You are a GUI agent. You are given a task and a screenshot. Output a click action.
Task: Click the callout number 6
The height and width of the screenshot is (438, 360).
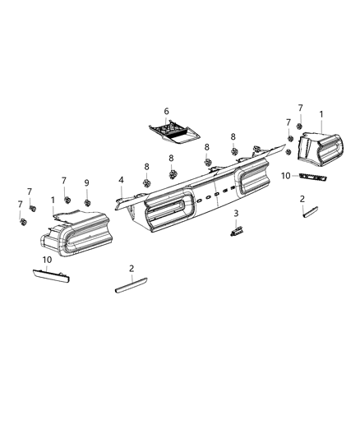tap(166, 111)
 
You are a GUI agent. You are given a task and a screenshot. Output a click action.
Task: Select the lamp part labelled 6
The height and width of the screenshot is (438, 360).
tap(175, 130)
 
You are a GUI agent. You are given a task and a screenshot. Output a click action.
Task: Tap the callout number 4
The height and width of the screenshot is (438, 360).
tap(121, 180)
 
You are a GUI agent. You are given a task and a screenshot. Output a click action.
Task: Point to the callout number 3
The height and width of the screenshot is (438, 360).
tap(236, 214)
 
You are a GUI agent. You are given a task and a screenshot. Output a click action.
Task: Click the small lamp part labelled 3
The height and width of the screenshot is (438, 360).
tap(237, 231)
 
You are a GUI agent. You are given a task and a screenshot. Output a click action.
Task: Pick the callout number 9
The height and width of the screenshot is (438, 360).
tap(86, 182)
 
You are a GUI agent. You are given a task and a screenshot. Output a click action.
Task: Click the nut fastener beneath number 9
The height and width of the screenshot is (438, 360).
tap(86, 201)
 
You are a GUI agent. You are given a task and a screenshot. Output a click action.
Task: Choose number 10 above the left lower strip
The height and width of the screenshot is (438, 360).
tap(48, 260)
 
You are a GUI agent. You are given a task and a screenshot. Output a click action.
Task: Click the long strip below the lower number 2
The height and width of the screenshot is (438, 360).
tap(132, 288)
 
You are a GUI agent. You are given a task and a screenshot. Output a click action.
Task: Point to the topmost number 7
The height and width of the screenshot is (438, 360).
tap(300, 108)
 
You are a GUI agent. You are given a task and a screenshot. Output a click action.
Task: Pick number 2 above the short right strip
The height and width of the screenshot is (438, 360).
tap(302, 199)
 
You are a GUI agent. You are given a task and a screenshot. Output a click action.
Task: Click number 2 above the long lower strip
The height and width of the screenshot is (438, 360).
tap(131, 269)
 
